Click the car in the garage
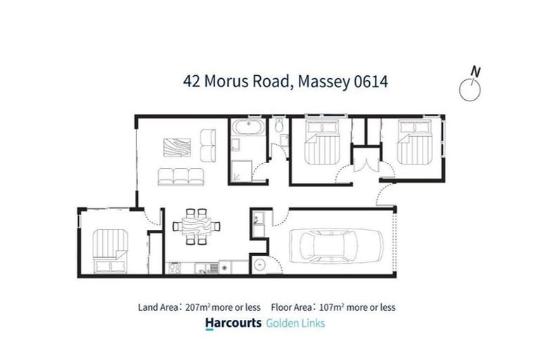(x=340, y=245)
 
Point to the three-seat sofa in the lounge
(x=181, y=176)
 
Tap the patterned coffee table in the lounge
(x=176, y=146)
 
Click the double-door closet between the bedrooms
(x=364, y=163)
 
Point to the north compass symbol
(x=470, y=86)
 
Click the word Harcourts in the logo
(x=231, y=323)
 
